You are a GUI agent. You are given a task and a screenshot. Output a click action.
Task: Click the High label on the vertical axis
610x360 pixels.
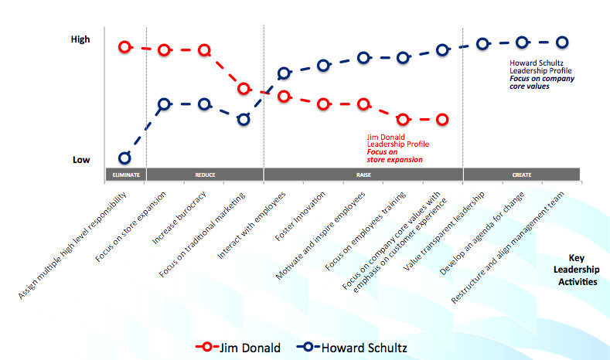[80, 39]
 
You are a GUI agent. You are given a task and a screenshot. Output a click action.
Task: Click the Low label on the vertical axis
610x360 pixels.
[81, 160]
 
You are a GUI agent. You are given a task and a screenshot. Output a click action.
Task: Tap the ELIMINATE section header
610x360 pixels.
[125, 175]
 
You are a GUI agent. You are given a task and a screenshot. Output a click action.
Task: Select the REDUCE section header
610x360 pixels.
[205, 175]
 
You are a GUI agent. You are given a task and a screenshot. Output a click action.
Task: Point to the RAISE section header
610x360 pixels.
[363, 175]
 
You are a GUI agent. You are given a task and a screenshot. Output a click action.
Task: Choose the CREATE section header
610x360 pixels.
[521, 175]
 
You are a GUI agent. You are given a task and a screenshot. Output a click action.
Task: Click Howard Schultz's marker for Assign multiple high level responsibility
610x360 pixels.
[124, 158]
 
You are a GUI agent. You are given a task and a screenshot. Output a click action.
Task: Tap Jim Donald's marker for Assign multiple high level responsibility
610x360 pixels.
[124, 47]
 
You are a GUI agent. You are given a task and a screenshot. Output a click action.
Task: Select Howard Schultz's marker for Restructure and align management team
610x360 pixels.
[562, 42]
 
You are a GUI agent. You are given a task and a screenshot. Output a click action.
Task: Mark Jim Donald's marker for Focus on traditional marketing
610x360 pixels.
[244, 89]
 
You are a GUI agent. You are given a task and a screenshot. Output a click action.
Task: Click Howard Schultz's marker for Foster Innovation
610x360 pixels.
[323, 66]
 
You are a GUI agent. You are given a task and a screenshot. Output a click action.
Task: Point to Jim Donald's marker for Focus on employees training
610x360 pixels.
[403, 119]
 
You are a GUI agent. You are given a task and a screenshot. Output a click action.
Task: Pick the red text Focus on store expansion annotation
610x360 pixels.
[394, 156]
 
